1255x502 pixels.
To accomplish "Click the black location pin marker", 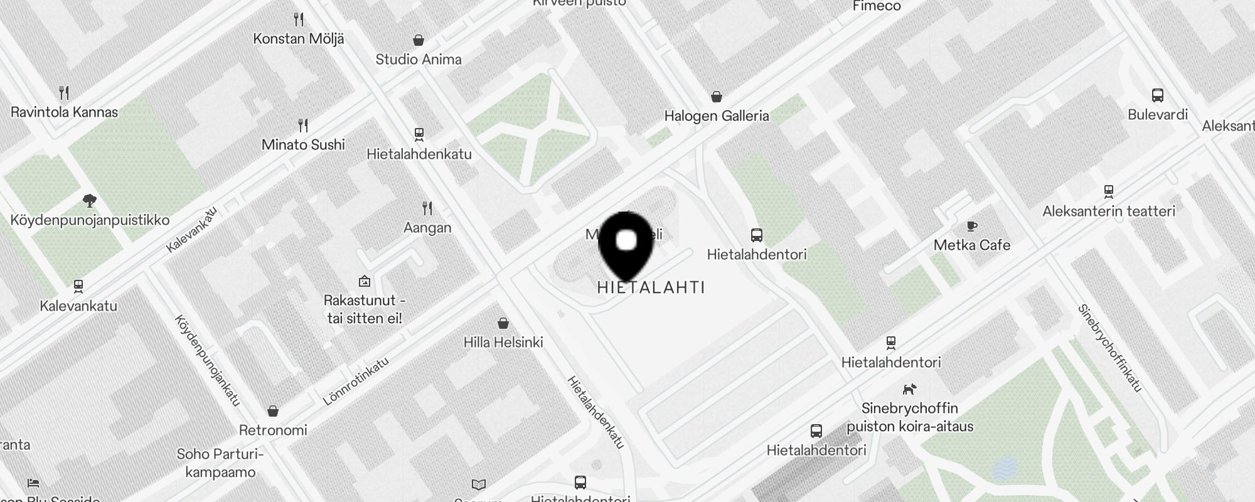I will [626, 245].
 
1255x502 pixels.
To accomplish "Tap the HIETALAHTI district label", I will [651, 287].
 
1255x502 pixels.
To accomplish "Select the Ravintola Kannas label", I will [64, 112].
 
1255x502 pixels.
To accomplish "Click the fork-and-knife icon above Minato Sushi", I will [303, 125].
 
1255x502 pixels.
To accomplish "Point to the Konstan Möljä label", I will [299, 39].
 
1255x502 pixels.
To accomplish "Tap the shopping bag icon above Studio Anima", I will [419, 41].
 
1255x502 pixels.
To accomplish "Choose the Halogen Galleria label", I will [717, 116].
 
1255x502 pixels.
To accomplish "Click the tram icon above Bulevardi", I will [1158, 95].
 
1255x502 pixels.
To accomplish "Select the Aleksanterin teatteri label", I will [1109, 211].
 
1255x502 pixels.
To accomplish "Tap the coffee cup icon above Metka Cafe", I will [971, 227].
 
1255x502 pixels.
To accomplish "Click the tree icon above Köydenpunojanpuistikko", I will [90, 201].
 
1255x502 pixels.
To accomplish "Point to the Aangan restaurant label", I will [427, 228].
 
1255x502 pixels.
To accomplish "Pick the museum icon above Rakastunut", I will [365, 281].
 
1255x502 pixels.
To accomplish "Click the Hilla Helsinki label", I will [503, 343].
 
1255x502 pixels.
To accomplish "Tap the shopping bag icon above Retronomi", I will [273, 411].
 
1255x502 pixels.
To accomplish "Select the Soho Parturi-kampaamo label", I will [220, 463].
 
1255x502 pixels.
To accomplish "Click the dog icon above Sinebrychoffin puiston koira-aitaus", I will [909, 389].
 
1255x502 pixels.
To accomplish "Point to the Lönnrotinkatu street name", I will [356, 381].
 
